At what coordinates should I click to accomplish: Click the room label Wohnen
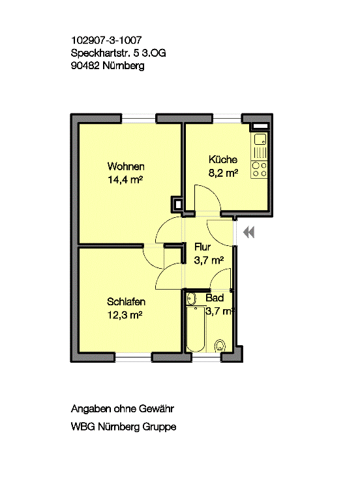pos(126,166)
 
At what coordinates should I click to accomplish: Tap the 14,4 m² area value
pos(125,179)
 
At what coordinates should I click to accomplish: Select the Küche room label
pos(223,159)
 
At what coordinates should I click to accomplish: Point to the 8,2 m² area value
pos(223,173)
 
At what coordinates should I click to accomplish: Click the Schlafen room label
pos(126,301)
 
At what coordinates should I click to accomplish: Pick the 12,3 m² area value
pos(125,315)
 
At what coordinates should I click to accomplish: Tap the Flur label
pos(203,247)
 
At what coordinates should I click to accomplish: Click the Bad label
pos(215,298)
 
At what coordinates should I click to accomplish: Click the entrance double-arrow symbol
pos(249,232)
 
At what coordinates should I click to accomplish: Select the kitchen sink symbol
pos(260,140)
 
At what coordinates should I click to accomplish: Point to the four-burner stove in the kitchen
pos(260,170)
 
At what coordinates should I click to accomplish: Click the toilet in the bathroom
pos(220,346)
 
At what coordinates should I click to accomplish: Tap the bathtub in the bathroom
pos(196,329)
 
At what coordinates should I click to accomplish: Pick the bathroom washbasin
pos(191,298)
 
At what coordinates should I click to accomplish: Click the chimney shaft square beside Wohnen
pos(178,204)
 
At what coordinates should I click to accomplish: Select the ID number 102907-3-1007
pos(106,40)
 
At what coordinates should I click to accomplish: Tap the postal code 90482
pos(85,66)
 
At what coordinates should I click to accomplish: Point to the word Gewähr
pos(156,408)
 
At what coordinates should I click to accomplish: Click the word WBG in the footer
pos(83,427)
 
